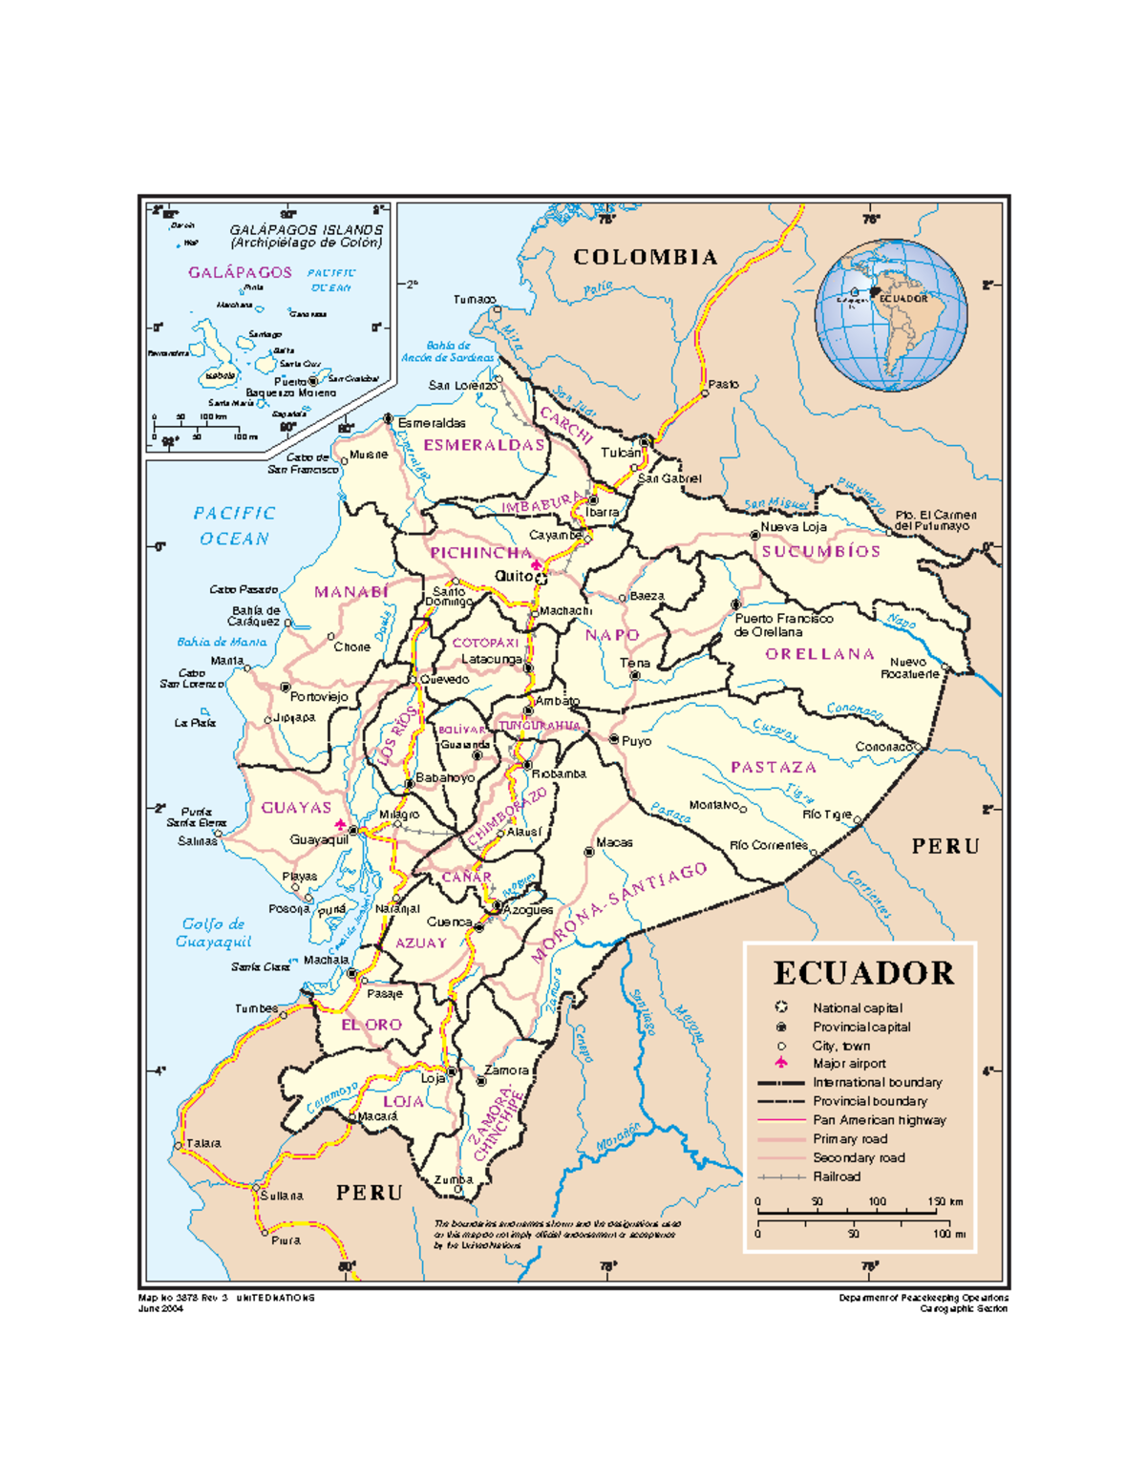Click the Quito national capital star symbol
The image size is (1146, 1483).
coord(541,579)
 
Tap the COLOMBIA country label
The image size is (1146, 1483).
coord(646,257)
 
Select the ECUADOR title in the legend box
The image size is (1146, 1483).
coord(863,973)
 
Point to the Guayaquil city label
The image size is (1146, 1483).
coord(319,840)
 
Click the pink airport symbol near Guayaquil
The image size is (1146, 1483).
coord(340,824)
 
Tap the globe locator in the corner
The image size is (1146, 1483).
coord(890,315)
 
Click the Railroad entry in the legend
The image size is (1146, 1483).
coord(837,1176)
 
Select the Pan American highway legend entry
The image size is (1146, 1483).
coord(879,1120)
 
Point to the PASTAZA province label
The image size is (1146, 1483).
coord(774,768)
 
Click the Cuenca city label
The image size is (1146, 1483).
coord(449,922)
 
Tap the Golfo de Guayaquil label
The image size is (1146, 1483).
coord(213,933)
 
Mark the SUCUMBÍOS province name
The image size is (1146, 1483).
coord(820,552)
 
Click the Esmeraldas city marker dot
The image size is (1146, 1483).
coord(389,419)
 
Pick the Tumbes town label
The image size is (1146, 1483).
coord(256,1008)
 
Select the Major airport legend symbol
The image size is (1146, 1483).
coord(781,1063)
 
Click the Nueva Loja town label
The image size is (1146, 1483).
coord(793,527)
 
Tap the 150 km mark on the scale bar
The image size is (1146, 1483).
coord(945,1201)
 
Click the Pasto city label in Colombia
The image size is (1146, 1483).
coord(723,384)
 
